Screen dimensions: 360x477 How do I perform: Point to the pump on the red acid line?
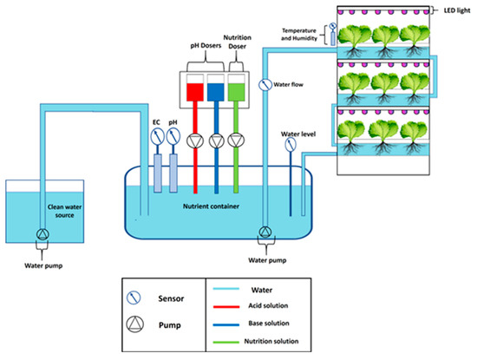pyautogui.click(x=196, y=140)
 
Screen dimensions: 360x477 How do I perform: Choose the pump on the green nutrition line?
pyautogui.click(x=238, y=140)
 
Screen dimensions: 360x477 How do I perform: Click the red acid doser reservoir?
pyautogui.click(x=195, y=91)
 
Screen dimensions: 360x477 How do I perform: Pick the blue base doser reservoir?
pyautogui.click(x=217, y=91)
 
